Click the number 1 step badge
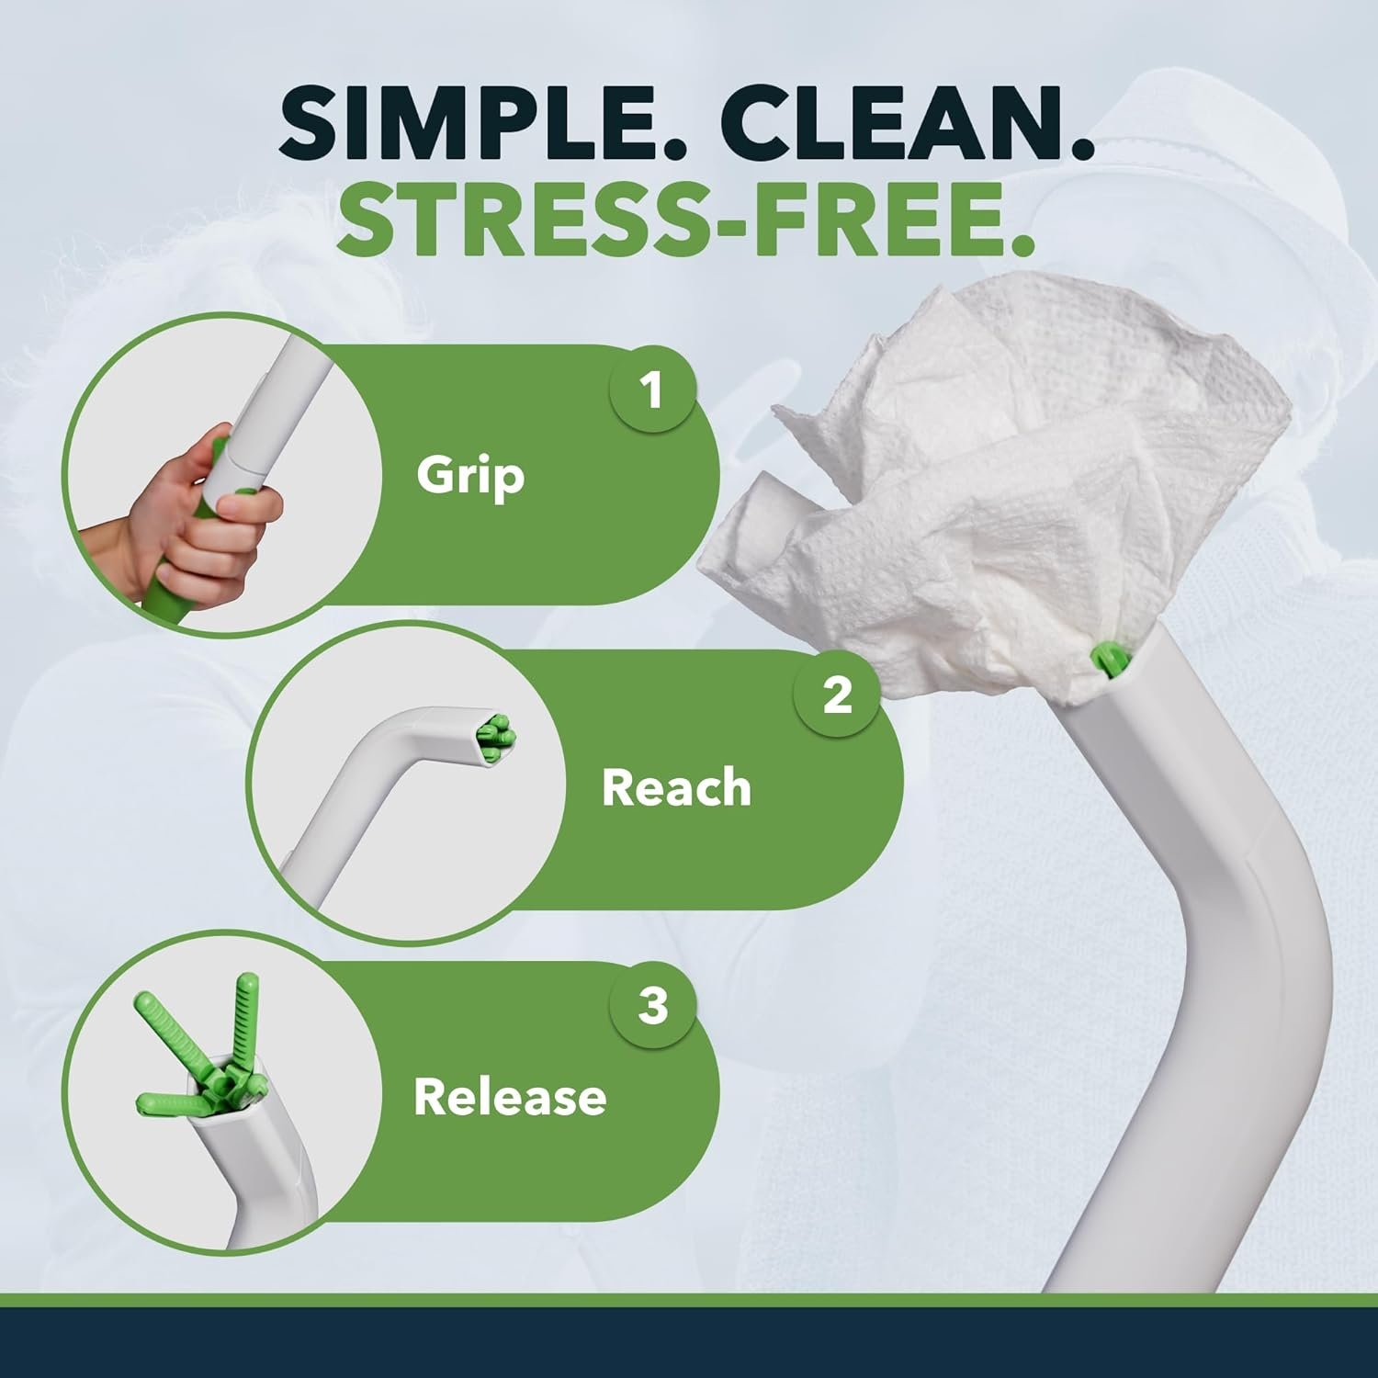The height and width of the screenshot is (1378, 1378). click(x=653, y=390)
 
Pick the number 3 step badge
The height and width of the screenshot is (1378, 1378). click(x=653, y=1005)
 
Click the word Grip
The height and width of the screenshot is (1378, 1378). click(x=470, y=476)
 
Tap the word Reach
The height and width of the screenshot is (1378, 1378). click(x=676, y=787)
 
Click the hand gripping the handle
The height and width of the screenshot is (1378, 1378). click(x=193, y=519)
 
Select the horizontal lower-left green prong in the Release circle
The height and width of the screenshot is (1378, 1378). click(x=171, y=1101)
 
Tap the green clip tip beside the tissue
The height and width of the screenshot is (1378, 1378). click(x=1106, y=661)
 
